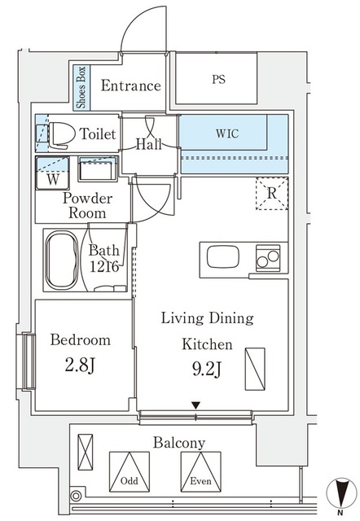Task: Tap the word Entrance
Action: [x=130, y=85]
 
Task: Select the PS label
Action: [x=218, y=80]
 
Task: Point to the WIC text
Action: [x=228, y=131]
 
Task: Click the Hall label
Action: [x=148, y=144]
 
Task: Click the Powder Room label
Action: [x=87, y=205]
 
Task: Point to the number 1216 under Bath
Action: [x=106, y=266]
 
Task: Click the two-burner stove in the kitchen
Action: [x=267, y=259]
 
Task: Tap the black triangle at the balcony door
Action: [x=195, y=405]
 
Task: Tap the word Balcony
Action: [x=178, y=444]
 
